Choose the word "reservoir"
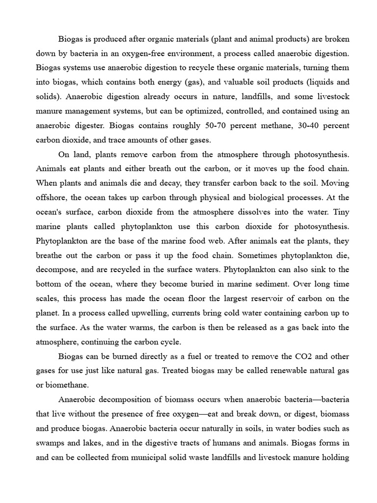(263, 299)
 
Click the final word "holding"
(336, 458)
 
